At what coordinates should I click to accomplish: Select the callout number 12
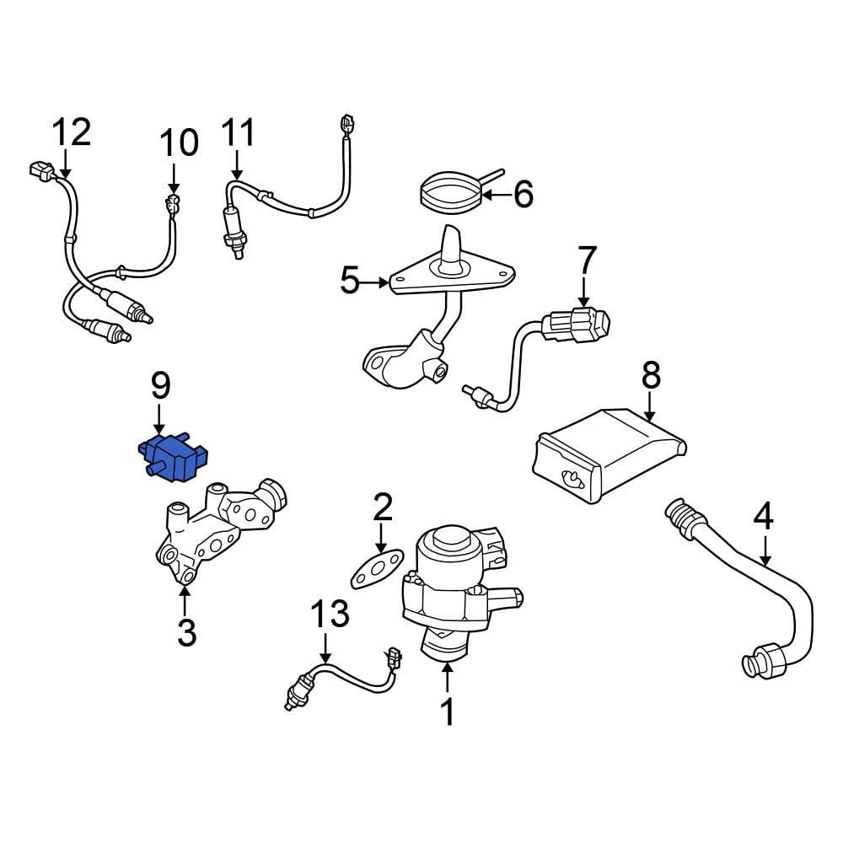(71, 133)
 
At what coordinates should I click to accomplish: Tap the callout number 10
(179, 143)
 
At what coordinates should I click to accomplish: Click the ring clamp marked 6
(451, 193)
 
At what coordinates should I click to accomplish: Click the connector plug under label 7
(582, 325)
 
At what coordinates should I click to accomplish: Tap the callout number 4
(763, 517)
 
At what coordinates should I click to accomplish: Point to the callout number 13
(330, 615)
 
